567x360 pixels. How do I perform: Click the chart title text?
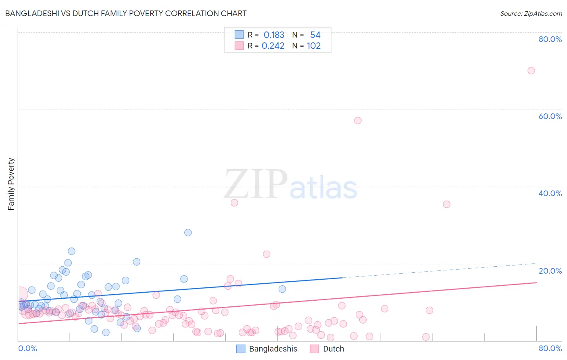pos(125,13)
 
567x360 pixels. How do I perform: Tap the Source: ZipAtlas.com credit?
pos(531,13)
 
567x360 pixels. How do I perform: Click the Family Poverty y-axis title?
pos(11,184)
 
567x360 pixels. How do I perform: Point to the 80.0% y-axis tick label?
pos(550,39)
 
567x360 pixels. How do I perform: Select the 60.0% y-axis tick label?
pos(550,116)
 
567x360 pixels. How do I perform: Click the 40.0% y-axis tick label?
pos(550,193)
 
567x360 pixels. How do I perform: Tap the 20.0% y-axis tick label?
pos(550,271)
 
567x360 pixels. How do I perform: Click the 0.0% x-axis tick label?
pos(27,348)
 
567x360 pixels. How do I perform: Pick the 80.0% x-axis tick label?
pos(550,348)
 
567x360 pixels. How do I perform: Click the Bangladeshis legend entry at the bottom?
pos(273,349)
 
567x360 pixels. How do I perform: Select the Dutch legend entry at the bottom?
pos(333,349)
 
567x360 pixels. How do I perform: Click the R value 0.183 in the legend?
pos(274,35)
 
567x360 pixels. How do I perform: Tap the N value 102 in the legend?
pos(314,46)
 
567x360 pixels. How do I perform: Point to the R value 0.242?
pos(273,46)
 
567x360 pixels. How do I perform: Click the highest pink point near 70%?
pos(531,71)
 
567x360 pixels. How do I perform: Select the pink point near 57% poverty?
pos(358,121)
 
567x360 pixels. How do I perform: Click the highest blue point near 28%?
pos(188,232)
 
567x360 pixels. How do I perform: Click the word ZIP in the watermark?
pos(256,184)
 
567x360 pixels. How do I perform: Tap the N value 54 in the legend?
pos(315,35)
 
